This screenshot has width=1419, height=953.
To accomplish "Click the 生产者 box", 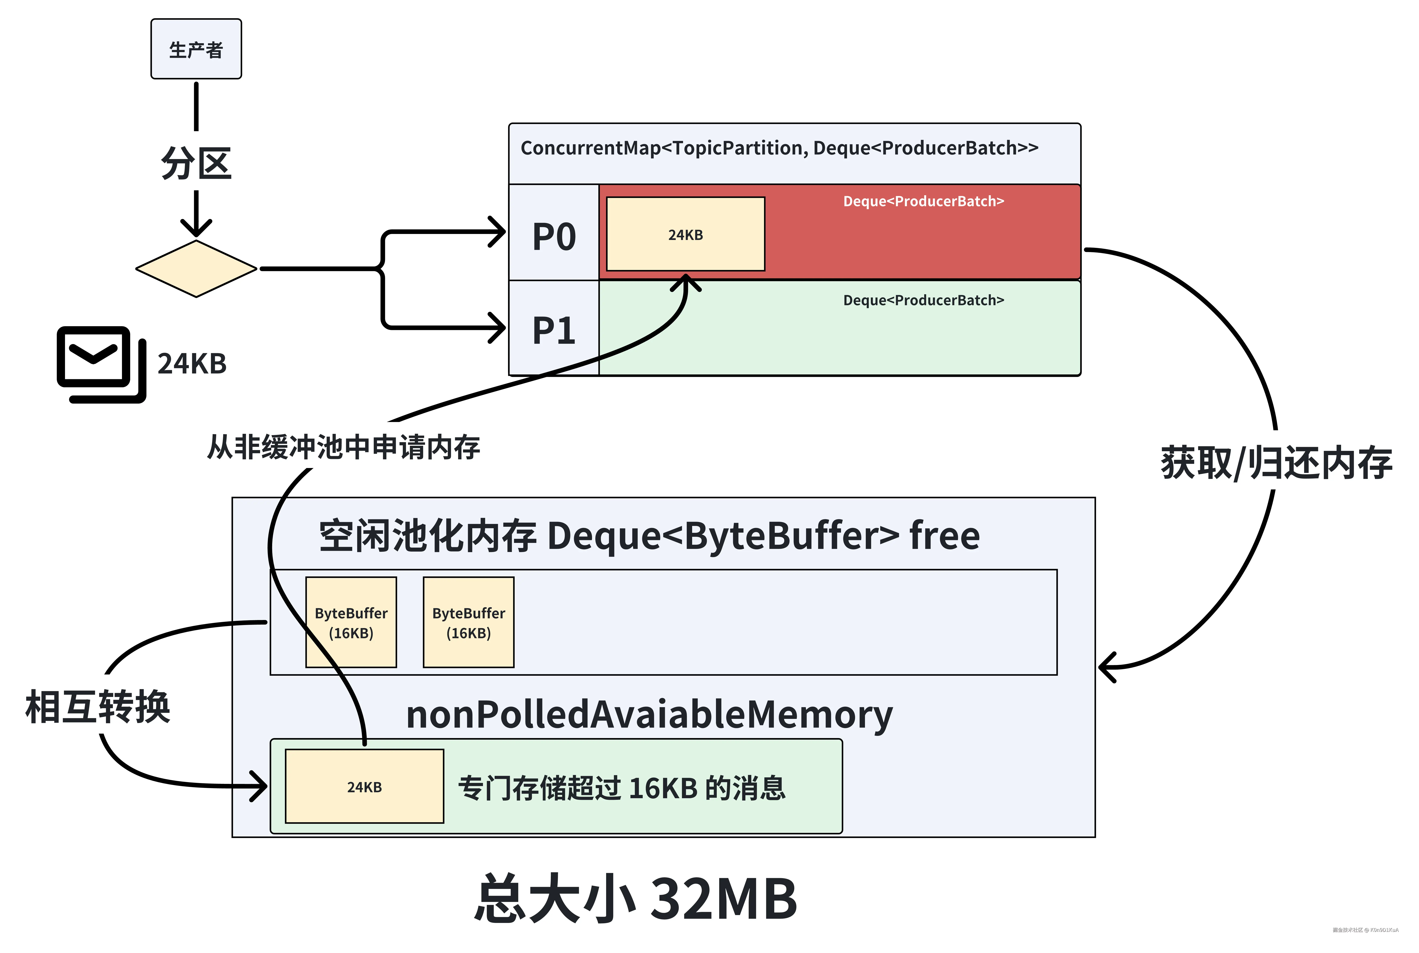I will click(196, 49).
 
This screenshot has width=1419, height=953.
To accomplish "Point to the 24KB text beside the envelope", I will click(192, 363).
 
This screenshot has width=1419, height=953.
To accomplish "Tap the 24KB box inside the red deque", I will click(685, 234).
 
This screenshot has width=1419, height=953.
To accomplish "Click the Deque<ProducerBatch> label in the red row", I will click(923, 201).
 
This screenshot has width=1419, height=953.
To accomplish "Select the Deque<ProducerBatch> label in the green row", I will click(923, 300).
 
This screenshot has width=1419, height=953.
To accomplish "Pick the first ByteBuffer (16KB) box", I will click(351, 622).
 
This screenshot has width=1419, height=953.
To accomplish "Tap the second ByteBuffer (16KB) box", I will click(468, 622).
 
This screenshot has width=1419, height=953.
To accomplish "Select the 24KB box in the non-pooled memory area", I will click(364, 786).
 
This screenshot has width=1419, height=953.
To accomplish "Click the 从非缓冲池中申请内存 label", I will click(343, 447).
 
